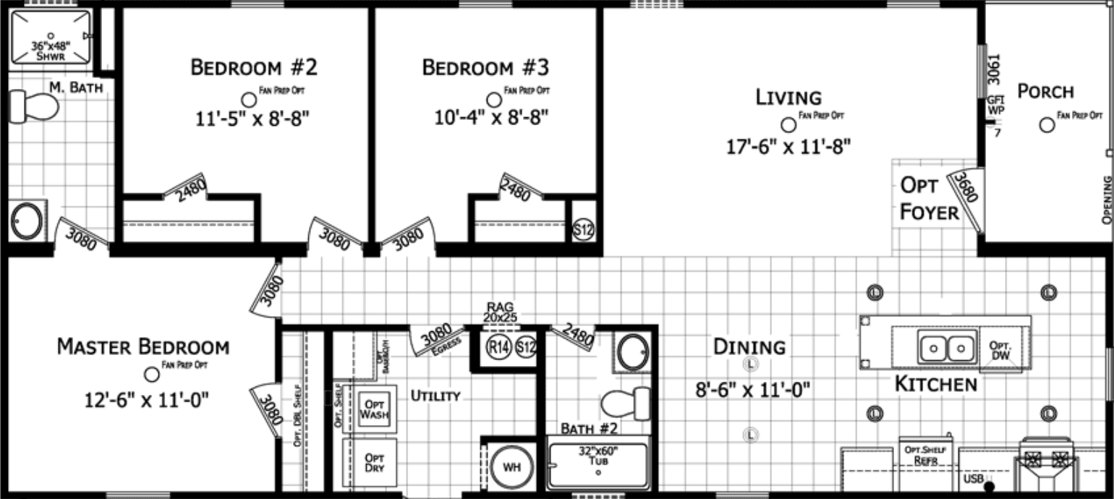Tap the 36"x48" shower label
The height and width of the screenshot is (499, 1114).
coord(51,49)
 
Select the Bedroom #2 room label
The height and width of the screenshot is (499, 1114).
coord(253,68)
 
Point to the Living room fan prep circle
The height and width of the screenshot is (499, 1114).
coord(789,124)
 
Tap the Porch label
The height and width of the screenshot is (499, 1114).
coord(1045,92)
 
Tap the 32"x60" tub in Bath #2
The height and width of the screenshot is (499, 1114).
coord(598,464)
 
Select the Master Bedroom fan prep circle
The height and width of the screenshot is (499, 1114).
coord(152,374)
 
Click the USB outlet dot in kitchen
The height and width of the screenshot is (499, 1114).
coord(989,486)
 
